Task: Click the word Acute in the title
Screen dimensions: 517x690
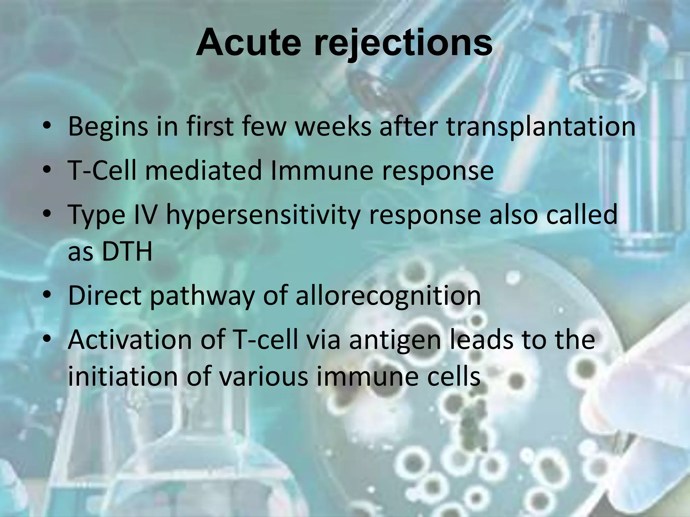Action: pos(248,43)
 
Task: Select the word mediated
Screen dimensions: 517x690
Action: pos(203,170)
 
